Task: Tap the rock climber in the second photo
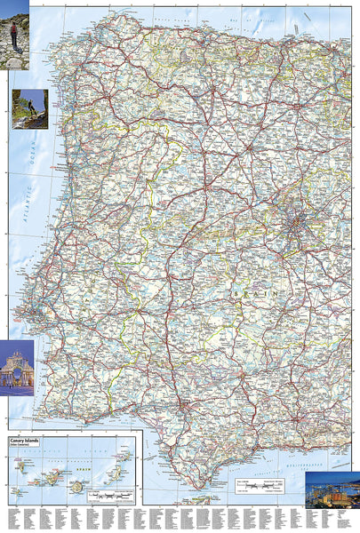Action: coord(30,108)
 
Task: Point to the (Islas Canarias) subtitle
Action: coord(28,443)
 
